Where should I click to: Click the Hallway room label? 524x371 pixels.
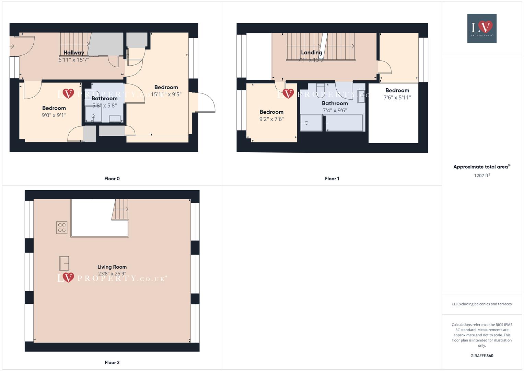(73, 53)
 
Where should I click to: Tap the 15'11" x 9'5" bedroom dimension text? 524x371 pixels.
(166, 94)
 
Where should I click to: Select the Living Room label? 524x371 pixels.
(112, 267)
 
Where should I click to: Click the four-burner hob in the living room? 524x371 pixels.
(62, 227)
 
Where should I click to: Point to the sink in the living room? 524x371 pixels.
(64, 264)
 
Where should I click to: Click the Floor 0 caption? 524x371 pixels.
(112, 179)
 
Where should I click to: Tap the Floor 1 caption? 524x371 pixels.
(332, 179)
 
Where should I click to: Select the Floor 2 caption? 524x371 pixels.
(112, 362)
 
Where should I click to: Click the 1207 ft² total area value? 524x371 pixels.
(482, 176)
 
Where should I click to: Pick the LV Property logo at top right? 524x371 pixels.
(482, 28)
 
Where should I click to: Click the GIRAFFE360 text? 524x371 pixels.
(482, 356)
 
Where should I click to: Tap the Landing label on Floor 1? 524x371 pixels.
(312, 53)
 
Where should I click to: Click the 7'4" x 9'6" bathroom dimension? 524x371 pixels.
(335, 111)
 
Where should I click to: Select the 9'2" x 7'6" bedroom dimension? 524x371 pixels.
(271, 119)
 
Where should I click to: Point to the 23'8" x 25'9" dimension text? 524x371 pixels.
(112, 274)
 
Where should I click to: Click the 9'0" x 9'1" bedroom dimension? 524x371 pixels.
(54, 115)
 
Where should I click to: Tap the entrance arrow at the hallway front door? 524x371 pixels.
(12, 46)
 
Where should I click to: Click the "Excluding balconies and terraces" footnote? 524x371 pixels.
(482, 304)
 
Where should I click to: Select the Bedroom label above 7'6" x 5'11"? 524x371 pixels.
(397, 90)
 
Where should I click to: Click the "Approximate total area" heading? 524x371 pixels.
(481, 167)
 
